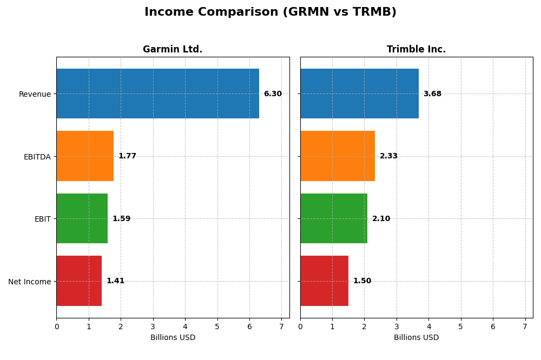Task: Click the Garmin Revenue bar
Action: click(157, 94)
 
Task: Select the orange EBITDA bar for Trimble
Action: click(337, 156)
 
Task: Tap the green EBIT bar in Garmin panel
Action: click(82, 218)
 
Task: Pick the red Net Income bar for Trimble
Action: click(324, 281)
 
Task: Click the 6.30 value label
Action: click(273, 94)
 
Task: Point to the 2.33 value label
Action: click(388, 156)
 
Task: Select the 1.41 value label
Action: click(115, 281)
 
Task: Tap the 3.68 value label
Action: click(432, 94)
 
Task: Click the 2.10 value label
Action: click(381, 219)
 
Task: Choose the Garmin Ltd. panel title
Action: click(173, 50)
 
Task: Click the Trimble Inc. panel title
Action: click(416, 50)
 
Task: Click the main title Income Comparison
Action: click(270, 12)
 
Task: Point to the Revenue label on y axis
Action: click(35, 94)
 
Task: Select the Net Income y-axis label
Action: click(29, 282)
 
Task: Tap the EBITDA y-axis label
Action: click(37, 157)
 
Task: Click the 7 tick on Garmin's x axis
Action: click(281, 326)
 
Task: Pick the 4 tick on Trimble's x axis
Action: click(428, 326)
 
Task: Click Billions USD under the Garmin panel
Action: click(173, 338)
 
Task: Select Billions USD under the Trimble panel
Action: click(416, 338)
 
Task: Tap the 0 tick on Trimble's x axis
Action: click(300, 326)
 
